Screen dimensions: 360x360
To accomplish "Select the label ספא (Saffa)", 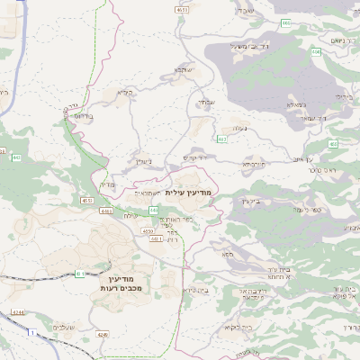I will click(x=229, y=256).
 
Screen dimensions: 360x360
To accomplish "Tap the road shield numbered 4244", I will click(x=19, y=311).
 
